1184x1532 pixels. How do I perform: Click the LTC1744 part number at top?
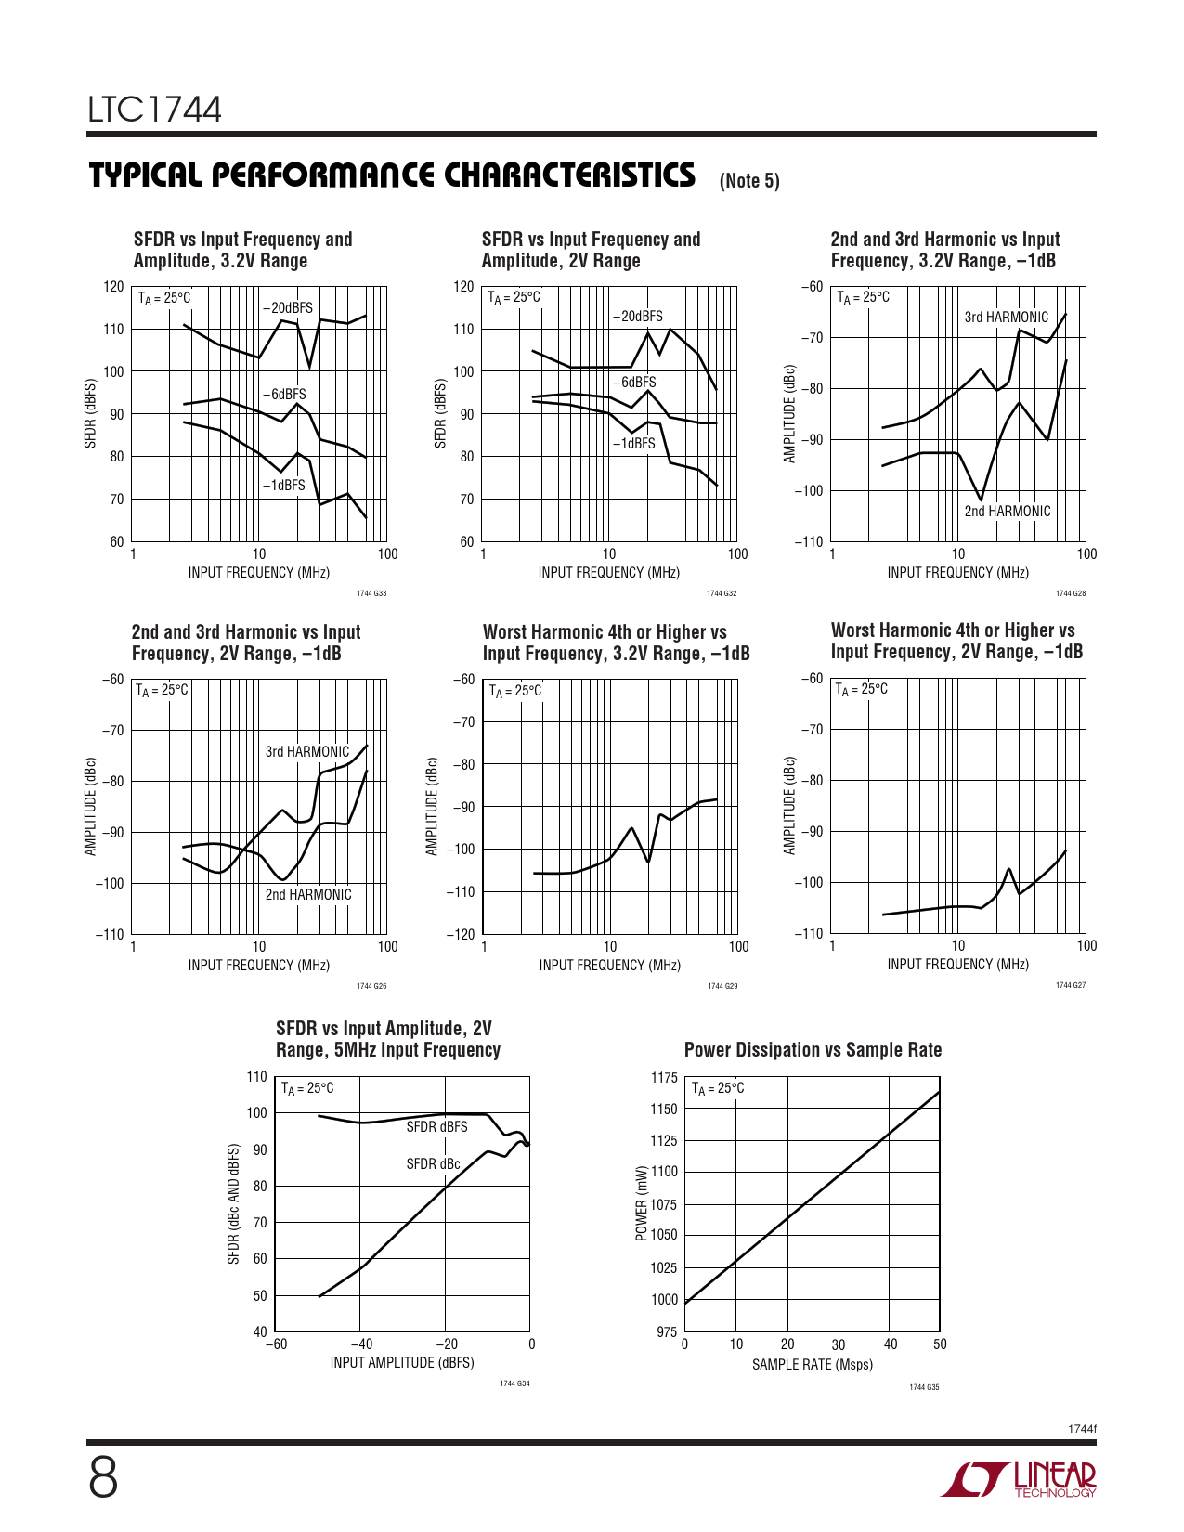click(x=155, y=110)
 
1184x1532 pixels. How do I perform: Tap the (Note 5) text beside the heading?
click(x=749, y=180)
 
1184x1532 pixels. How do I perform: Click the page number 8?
click(x=103, y=1478)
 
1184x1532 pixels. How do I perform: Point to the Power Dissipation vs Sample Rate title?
click(x=813, y=1050)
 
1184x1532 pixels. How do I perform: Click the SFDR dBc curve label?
click(x=433, y=1163)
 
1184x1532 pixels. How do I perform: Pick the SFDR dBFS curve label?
click(x=436, y=1126)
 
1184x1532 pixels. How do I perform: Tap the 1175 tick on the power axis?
click(x=664, y=1077)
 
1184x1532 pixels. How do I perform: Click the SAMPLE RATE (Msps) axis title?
click(x=812, y=1364)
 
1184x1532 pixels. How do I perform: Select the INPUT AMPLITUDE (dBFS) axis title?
click(x=401, y=1362)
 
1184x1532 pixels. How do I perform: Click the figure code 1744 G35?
click(x=924, y=1387)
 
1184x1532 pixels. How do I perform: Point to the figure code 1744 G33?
click(x=371, y=593)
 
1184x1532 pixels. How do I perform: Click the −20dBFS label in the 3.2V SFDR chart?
click(x=288, y=308)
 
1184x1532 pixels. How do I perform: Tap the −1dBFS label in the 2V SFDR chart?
click(x=633, y=444)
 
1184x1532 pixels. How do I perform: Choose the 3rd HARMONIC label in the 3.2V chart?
click(x=1006, y=317)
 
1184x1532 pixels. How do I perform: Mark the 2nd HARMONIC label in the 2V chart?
click(x=308, y=894)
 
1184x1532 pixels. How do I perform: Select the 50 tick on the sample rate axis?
click(x=940, y=1344)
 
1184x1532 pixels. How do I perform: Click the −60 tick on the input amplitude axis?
click(x=276, y=1344)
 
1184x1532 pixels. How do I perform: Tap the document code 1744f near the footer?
click(x=1082, y=1428)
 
